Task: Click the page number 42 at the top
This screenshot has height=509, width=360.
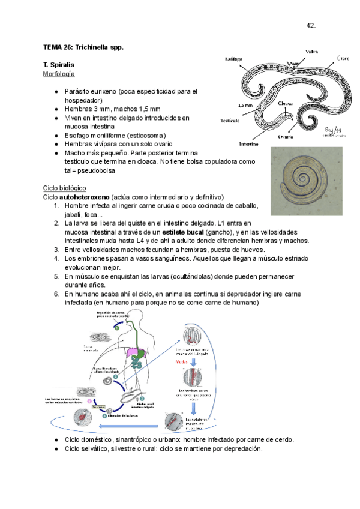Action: [x=311, y=25]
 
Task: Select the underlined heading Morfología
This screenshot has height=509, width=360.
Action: [x=59, y=74]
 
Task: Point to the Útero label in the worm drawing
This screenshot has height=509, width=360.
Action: [x=343, y=58]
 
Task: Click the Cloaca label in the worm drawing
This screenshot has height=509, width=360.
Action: [x=286, y=103]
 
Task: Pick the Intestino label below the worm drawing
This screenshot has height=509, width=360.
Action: [x=248, y=145]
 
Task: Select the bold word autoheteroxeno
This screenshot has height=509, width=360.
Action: [x=84, y=197]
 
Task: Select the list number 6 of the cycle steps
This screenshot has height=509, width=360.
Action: [x=56, y=294]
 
